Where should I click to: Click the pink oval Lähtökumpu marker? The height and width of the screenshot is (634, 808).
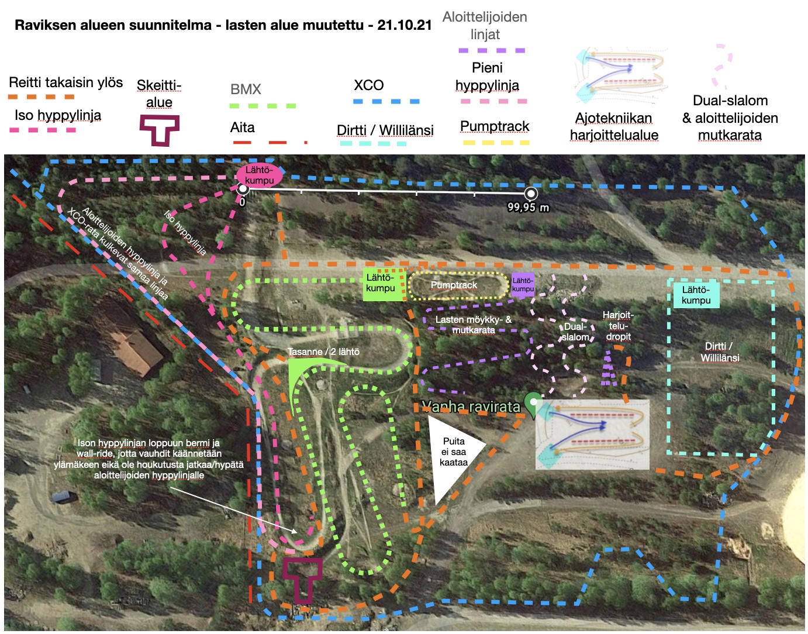coord(259,175)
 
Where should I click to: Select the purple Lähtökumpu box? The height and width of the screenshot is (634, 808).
coord(523,285)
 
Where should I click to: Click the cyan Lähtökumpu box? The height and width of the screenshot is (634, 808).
coord(696,295)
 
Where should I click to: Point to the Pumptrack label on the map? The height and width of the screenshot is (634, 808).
coord(454,285)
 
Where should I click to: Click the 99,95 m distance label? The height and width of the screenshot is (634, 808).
coord(529,207)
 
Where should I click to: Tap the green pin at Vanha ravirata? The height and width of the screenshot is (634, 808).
coord(532,404)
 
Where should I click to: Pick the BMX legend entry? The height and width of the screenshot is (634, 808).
coord(246,89)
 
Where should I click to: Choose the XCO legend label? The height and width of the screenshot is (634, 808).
coord(369,85)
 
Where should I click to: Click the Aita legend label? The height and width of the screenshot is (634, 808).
coord(243,128)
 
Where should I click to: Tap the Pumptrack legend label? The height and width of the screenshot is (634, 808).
coord(495,126)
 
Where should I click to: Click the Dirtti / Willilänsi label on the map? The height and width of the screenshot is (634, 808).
coord(720,352)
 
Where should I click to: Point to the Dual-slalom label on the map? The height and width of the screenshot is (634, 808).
coord(575,332)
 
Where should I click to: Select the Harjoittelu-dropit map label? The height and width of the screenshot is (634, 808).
coord(618,326)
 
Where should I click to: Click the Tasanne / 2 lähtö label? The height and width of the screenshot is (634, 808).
coord(323,352)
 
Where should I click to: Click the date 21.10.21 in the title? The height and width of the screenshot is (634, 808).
coord(405,25)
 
